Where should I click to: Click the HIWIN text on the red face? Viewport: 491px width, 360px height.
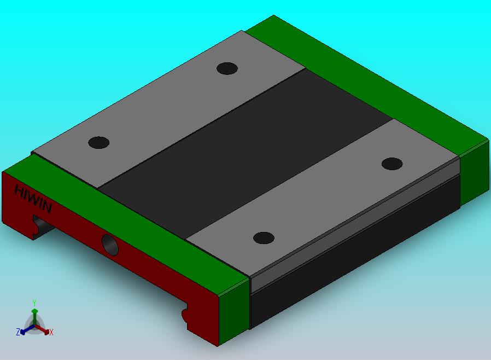tap(33, 199)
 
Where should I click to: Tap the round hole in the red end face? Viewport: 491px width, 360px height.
tap(110, 245)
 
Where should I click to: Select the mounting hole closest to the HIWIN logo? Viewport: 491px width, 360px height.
tap(98, 143)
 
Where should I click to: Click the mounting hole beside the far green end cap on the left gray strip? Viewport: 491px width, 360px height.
tap(227, 68)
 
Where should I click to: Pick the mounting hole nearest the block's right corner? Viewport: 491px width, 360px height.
tap(392, 164)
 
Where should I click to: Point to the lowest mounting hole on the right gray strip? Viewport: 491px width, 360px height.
tap(264, 238)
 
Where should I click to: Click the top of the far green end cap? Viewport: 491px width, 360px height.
tap(366, 85)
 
